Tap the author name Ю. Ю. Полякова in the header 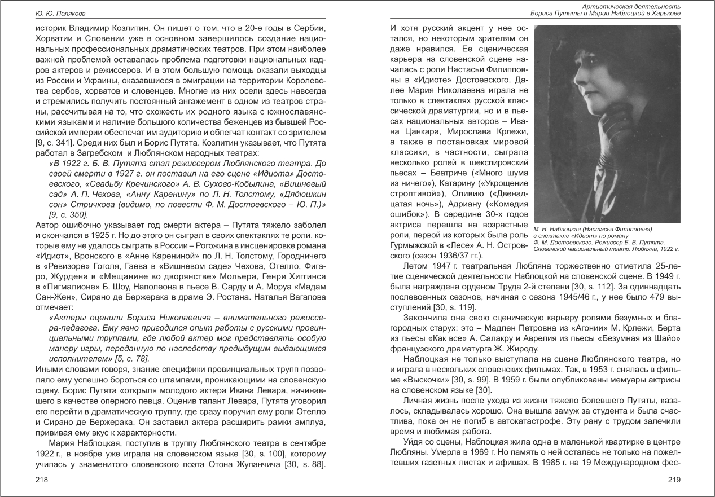point(54,13)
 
